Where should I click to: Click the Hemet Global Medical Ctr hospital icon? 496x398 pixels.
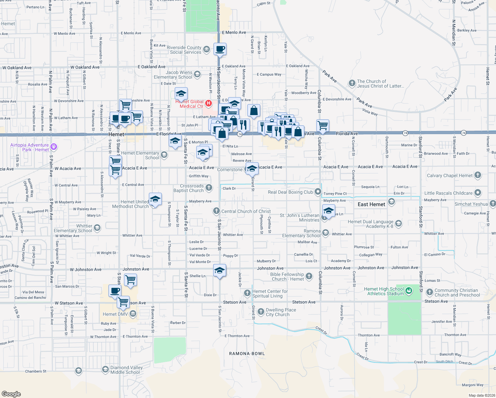tap(209, 103)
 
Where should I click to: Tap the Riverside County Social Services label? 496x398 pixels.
tap(185, 50)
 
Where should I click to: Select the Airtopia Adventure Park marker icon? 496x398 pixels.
tap(54, 146)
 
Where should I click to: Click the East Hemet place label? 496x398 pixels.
tap(371, 204)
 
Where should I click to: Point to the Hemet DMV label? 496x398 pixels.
tap(115, 314)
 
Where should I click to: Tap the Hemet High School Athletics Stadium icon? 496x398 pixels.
tap(409, 291)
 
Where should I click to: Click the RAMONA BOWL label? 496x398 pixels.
tap(247, 354)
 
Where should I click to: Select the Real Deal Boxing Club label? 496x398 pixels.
tap(290, 192)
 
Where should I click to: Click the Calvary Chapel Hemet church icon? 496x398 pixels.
tap(478, 175)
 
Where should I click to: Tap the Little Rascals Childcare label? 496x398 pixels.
tap(448, 193)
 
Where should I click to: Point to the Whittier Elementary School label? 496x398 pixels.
tap(73, 228)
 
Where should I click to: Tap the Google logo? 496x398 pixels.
tap(11, 394)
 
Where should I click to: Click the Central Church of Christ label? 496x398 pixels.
tap(246, 211)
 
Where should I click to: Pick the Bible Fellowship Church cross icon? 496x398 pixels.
tap(309, 276)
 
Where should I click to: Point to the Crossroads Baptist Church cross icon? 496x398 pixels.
tap(209, 188)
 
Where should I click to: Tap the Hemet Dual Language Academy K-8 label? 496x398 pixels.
tap(370, 224)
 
